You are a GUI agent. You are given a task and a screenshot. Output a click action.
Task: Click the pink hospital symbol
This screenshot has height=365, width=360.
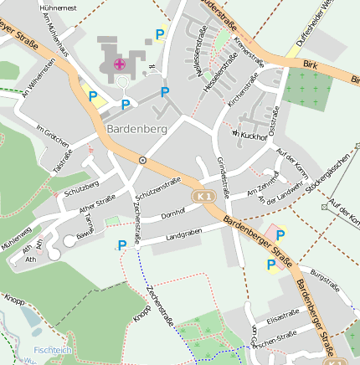(x=120, y=64)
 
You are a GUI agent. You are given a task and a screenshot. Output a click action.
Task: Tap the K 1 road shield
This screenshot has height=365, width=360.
(x=203, y=196)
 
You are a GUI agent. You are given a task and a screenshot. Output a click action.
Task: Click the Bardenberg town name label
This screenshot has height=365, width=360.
(x=137, y=130)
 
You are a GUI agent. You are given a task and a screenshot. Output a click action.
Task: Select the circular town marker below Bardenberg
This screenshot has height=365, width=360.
(x=143, y=159)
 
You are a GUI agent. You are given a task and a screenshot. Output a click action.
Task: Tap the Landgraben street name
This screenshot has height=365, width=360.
(x=184, y=237)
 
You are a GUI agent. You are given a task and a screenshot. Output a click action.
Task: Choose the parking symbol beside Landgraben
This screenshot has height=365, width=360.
(x=122, y=245)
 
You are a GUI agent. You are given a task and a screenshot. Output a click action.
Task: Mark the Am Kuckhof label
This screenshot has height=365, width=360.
(x=249, y=134)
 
